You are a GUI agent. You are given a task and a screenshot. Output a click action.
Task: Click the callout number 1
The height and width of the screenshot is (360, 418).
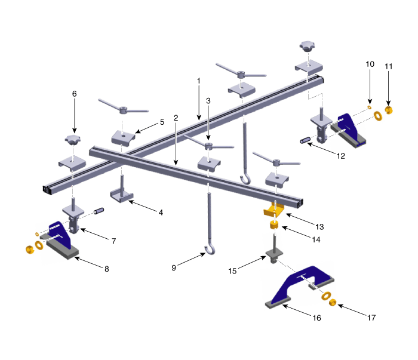198,81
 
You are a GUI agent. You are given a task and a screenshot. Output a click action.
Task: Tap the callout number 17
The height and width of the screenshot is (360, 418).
371,318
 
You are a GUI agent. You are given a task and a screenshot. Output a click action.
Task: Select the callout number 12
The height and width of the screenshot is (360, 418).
341,156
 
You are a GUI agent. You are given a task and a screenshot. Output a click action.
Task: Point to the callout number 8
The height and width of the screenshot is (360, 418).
107,269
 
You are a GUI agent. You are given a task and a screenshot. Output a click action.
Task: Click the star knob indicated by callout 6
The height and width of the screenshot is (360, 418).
72,140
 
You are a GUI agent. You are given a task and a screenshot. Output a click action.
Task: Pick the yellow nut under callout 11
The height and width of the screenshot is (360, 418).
389,110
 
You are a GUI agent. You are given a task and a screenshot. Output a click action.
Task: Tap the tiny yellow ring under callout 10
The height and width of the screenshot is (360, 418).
370,107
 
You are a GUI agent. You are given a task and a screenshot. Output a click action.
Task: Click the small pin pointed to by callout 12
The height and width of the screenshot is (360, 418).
306,140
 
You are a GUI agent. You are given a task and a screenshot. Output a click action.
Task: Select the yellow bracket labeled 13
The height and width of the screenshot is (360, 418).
273,210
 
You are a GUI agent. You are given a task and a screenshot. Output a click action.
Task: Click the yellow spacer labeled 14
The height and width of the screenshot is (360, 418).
274,225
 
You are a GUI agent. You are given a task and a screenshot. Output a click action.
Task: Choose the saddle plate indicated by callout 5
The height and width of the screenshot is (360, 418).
123,138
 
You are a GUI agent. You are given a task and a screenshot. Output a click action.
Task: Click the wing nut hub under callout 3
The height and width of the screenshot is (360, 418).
208,146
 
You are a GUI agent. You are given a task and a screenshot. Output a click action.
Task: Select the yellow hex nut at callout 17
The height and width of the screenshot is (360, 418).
332,303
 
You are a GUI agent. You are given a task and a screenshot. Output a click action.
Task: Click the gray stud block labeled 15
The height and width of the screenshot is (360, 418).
274,255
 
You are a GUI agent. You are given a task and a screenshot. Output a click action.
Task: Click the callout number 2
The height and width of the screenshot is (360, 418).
176,118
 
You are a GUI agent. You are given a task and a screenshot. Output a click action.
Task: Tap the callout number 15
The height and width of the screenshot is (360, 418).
232,271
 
